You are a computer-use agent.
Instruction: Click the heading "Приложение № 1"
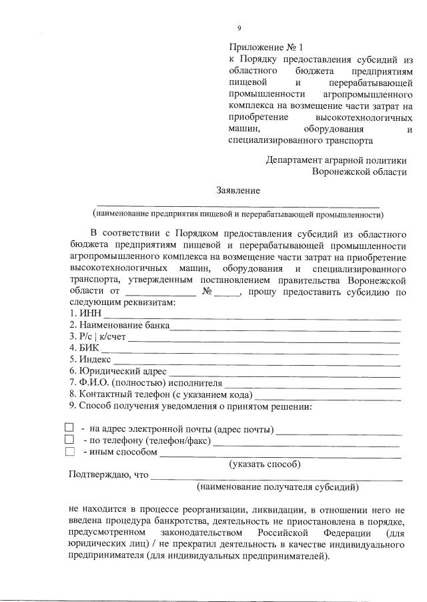point(266,47)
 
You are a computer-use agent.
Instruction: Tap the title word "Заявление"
point(238,190)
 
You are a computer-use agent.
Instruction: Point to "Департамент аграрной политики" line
point(336,160)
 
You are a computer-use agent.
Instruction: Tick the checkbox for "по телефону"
point(69,440)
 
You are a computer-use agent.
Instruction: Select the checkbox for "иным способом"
point(69,452)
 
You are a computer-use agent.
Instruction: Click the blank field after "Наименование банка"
point(285,326)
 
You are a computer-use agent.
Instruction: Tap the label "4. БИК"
point(84,348)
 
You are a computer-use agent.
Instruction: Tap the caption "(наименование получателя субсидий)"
point(278,487)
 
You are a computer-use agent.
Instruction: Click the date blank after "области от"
point(160,292)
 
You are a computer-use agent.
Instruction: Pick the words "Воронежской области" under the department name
point(359,172)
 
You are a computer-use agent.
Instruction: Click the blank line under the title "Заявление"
point(238,204)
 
